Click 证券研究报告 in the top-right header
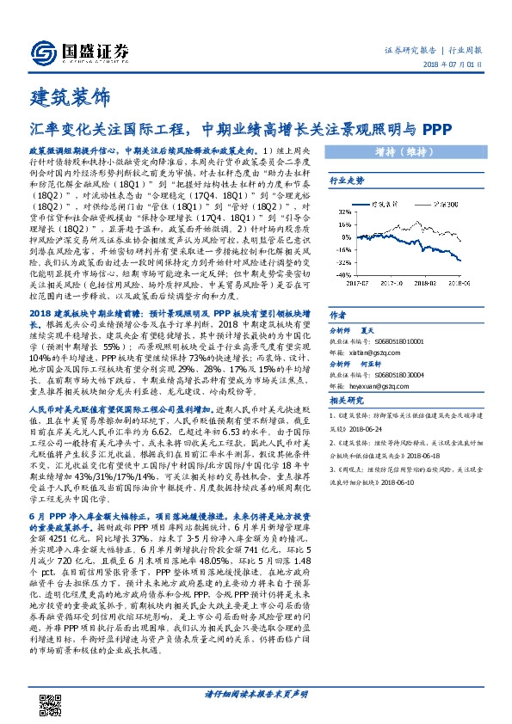click(408, 52)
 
